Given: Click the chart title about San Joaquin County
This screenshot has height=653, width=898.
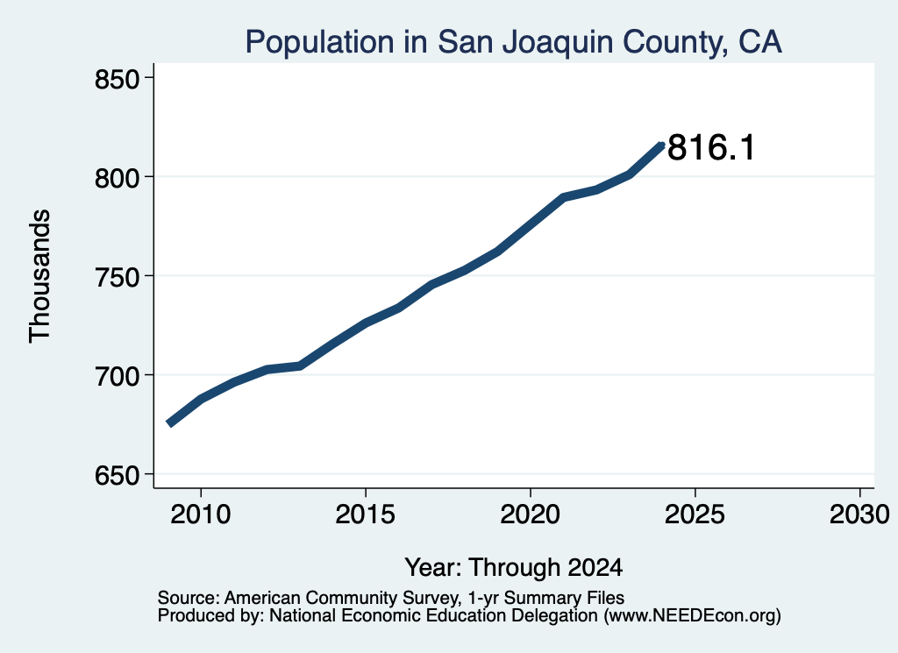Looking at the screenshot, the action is pos(513,43).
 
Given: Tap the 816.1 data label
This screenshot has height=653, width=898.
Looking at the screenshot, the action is pos(711,147).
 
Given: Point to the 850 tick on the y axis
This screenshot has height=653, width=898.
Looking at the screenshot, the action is pos(118,79).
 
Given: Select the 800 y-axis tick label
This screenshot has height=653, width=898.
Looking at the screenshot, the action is pos(118,178).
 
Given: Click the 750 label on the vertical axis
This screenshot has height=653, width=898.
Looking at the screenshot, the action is pos(118,277).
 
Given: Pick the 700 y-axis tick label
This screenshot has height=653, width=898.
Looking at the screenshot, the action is pos(118,376).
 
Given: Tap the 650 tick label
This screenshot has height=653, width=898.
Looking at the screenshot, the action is pos(118,475).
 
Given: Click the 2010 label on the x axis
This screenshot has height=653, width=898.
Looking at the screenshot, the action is pos(201,514).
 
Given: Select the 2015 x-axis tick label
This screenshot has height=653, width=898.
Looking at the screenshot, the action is pos(366,514).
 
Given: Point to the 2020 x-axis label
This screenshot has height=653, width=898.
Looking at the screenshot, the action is pos(531,514).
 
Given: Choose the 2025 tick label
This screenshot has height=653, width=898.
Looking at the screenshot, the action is pos(695,514).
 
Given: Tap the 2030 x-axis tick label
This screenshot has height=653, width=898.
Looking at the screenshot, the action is pos(859,514).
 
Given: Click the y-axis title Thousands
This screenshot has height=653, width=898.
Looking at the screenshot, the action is pos(40,276).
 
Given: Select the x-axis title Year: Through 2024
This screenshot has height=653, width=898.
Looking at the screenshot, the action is pos(514,567).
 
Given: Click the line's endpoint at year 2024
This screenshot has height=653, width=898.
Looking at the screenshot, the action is pos(662,146).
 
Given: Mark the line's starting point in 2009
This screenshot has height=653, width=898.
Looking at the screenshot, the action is pos(169,423).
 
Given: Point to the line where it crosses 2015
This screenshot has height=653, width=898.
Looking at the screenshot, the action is pos(366,323).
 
